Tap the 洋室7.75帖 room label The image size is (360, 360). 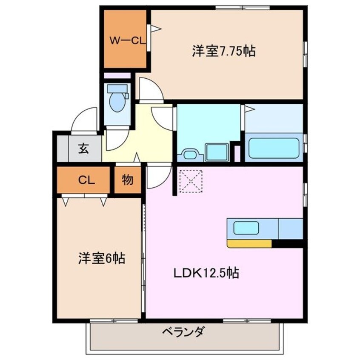point(223,51)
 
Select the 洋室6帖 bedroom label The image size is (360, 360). point(101,258)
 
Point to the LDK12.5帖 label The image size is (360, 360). point(206,272)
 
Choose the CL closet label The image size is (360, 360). point(86,180)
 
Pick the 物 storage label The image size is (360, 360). point(127,180)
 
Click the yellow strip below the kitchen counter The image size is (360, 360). point(249,244)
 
